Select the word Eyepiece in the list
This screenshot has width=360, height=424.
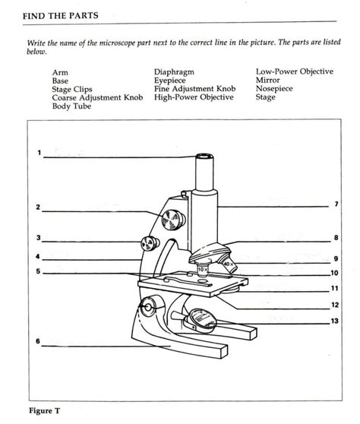[172, 81]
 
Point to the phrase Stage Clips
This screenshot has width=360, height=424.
[72, 89]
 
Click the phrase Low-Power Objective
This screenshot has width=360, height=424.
[294, 72]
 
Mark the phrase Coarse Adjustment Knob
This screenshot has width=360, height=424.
[97, 97]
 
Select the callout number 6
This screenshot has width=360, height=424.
[38, 342]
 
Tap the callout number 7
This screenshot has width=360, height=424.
[336, 204]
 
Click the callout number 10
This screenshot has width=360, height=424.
[334, 273]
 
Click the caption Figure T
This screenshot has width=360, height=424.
[44, 411]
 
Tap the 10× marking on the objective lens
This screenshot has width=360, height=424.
[202, 268]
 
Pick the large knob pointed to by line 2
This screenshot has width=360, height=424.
[173, 219]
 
